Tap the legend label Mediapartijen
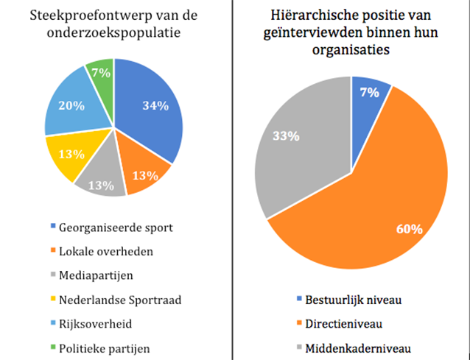coord(97,275)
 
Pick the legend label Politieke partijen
coord(108,347)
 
